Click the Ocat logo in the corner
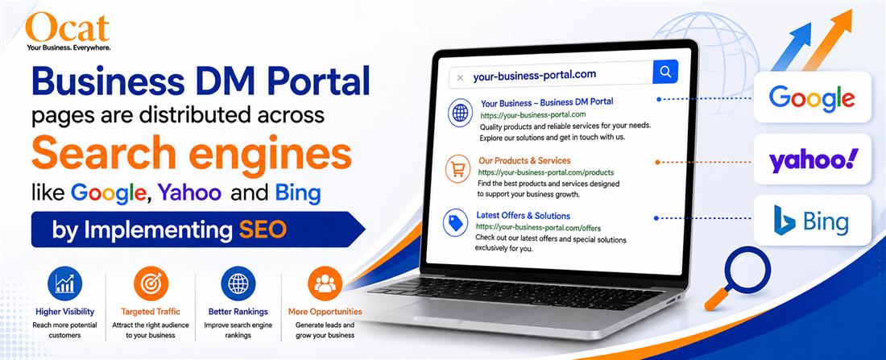coord(68,31)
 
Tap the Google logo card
coord(812,97)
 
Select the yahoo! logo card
coord(813,159)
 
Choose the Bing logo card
coord(813,221)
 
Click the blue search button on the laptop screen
coord(665,72)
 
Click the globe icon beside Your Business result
coord(461,113)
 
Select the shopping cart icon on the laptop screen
coord(457,169)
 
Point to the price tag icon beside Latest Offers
coord(455,222)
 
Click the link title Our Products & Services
coord(524,160)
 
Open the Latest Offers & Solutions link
coord(524,215)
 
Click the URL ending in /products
coord(546,172)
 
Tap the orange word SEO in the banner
coord(263,230)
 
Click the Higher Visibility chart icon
coord(64,283)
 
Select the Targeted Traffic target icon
coord(151,283)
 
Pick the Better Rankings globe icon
coord(238,283)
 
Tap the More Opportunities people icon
coord(325,283)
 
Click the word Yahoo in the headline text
coord(189,193)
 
